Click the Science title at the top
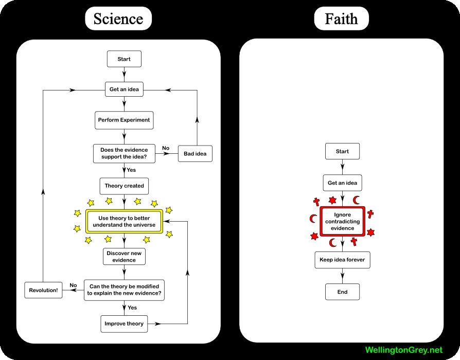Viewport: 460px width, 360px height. tap(118, 19)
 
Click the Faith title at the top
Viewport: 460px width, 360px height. tap(342, 19)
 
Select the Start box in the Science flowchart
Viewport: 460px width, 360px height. tap(124, 59)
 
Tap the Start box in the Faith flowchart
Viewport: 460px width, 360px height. tap(342, 152)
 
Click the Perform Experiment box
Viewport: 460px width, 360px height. tap(124, 120)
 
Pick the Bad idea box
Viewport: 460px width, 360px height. tap(195, 154)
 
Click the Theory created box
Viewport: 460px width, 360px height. tap(124, 186)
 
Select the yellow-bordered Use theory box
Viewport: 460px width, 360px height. tap(124, 222)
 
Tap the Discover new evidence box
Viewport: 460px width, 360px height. tap(124, 256)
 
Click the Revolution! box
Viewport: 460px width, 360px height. tap(43, 290)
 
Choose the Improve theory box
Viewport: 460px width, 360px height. tap(124, 323)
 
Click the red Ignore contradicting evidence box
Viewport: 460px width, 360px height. tap(342, 221)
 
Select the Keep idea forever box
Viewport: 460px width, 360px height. tap(342, 260)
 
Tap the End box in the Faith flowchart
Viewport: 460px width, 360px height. tap(342, 292)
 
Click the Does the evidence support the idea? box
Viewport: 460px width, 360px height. tap(124, 154)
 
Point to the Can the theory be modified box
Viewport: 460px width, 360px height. tap(124, 290)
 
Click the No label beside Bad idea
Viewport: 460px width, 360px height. tap(166, 148)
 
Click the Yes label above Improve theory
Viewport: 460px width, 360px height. tap(132, 308)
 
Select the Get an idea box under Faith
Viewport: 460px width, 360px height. tap(342, 183)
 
